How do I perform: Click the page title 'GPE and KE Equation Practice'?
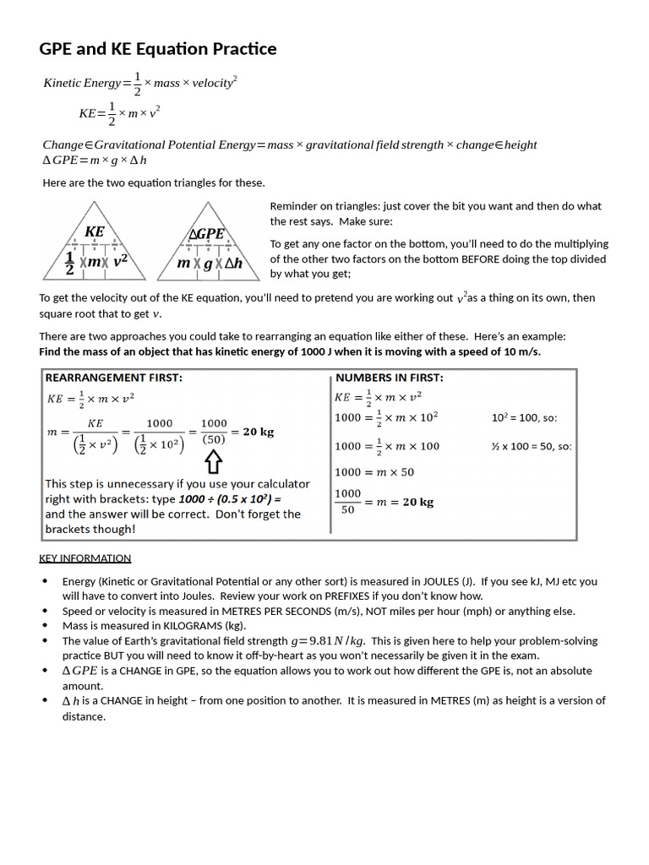[x=158, y=49]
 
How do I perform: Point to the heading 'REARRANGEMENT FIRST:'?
[x=113, y=378]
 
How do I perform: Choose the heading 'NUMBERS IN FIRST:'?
[x=389, y=378]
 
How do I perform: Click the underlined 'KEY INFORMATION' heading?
[x=85, y=558]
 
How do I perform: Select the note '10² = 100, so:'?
[x=524, y=417]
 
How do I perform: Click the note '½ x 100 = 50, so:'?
[x=532, y=446]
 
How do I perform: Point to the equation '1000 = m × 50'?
[x=374, y=472]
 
